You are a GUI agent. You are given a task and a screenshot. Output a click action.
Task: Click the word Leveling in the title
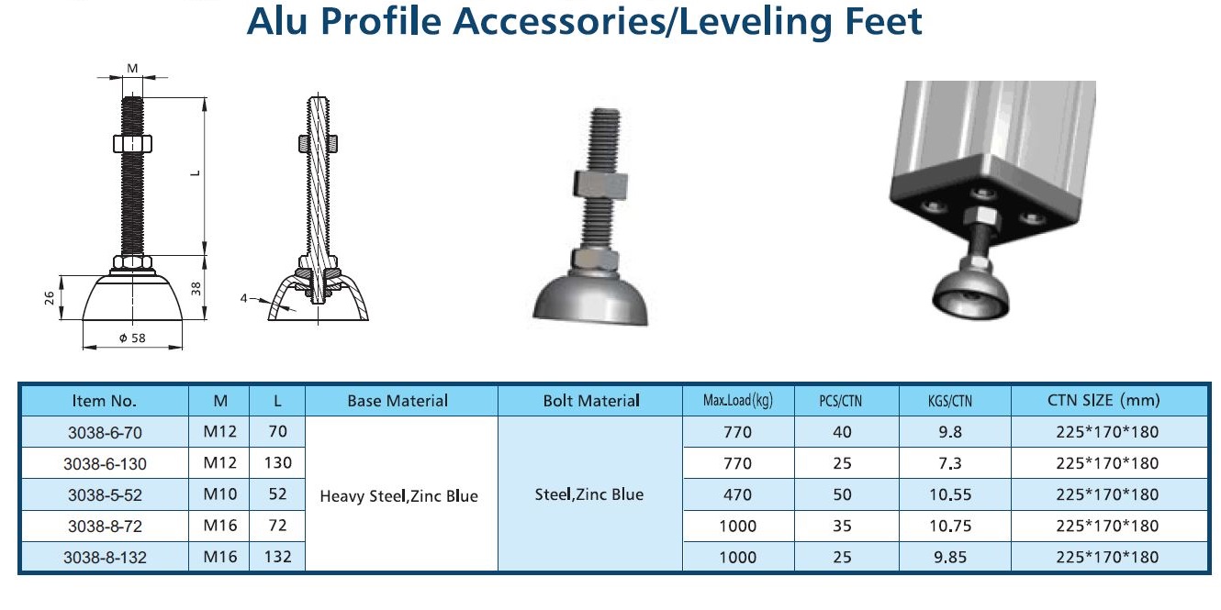pos(755,22)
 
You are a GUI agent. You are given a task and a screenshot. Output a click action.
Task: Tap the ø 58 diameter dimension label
pos(132,338)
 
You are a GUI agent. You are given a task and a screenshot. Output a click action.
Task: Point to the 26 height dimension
pos(50,298)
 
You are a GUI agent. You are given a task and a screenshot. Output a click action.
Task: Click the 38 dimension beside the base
pos(196,289)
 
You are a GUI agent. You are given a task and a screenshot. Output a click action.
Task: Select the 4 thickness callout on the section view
pos(243,298)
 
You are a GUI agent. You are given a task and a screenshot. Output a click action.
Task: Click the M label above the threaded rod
pos(132,68)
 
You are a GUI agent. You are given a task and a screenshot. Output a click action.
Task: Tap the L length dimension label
pos(196,173)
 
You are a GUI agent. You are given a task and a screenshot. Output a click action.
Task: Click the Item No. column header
pos(104,402)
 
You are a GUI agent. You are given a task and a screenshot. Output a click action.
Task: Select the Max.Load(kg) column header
pos(737,401)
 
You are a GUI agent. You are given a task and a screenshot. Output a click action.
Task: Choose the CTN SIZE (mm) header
pos(1103,400)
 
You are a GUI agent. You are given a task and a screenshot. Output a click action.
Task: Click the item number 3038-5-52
pos(105,495)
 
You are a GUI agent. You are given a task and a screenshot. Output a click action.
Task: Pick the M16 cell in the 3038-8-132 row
pos(219,557)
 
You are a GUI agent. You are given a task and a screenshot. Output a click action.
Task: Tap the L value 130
pos(277,463)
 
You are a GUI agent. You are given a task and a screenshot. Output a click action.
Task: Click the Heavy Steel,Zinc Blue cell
pos(398,496)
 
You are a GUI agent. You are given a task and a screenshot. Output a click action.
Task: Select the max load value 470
pos(737,494)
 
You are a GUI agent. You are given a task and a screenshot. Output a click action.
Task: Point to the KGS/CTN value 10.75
pos(950,527)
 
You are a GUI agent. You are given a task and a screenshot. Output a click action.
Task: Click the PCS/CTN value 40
pos(842,432)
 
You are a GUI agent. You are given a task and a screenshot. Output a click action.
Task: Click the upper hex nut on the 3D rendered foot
pos(600,185)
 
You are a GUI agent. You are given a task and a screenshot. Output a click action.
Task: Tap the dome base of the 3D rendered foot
pos(590,300)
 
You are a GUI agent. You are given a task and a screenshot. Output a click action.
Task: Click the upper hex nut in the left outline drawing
pos(132,144)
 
